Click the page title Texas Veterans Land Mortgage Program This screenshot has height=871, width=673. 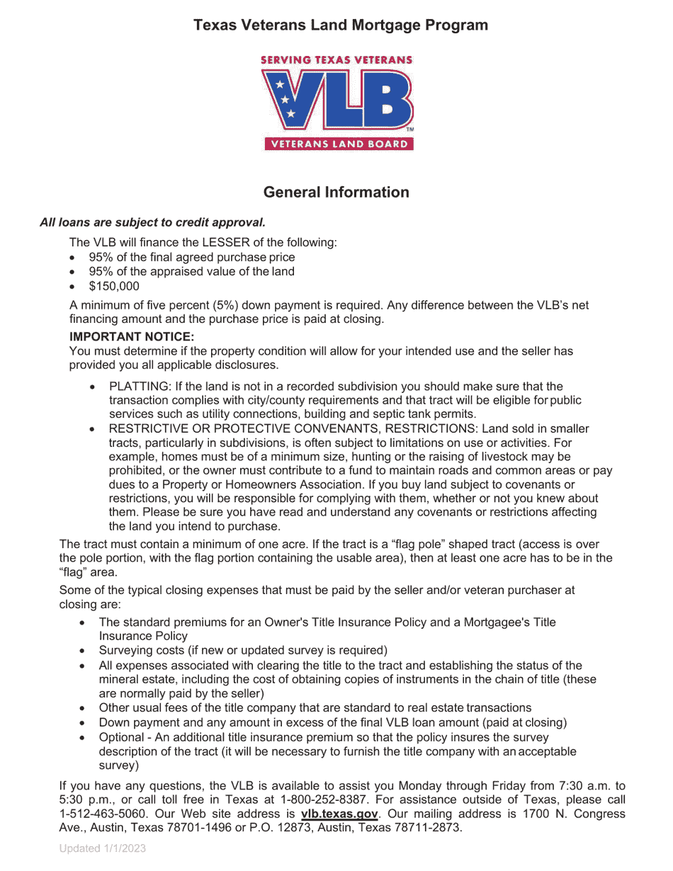tap(340, 25)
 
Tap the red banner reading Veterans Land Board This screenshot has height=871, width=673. tap(336, 144)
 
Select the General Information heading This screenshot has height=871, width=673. tap(336, 193)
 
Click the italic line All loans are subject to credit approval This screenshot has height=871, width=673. tap(152, 222)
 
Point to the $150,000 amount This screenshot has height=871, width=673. tap(114, 287)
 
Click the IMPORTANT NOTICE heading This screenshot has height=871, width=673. tap(132, 336)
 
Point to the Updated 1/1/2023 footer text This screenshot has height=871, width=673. tap(103, 848)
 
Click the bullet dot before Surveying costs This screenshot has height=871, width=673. tap(83, 651)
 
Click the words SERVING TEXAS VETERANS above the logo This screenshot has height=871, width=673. tap(336, 61)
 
